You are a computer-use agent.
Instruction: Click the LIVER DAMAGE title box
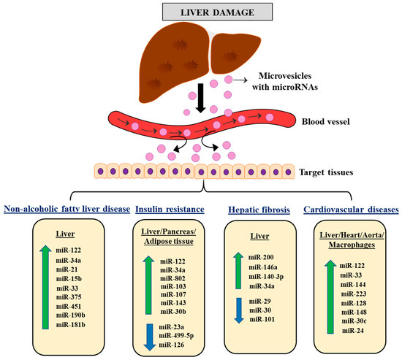(200, 11)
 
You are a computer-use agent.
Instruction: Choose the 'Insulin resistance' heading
(166, 209)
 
